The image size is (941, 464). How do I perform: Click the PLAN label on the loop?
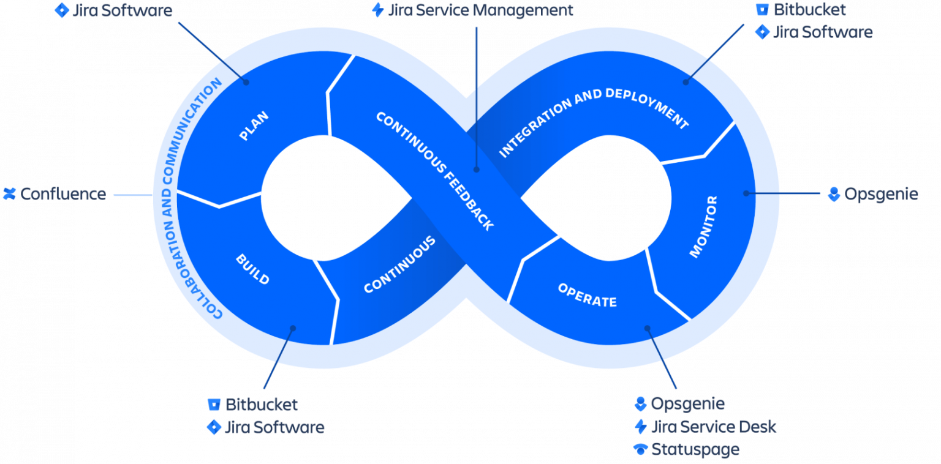pos(254,125)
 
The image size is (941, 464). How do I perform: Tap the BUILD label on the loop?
pos(252,269)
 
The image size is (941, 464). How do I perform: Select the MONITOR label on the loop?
pos(703,226)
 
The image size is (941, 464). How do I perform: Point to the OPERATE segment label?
pos(587,295)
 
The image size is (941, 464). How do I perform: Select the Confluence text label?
pos(63,194)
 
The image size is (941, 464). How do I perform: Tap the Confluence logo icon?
pos(9,194)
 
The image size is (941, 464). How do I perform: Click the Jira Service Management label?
pos(481,10)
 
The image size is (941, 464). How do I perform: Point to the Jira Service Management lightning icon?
pos(378,10)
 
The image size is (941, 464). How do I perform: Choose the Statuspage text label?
pos(695,449)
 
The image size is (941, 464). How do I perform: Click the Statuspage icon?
pos(640,449)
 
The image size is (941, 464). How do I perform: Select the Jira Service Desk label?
pos(713,427)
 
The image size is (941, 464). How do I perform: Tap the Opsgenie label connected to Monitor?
pos(881,194)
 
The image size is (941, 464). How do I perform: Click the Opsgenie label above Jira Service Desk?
pos(687,404)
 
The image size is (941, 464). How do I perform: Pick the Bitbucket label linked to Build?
pos(261,405)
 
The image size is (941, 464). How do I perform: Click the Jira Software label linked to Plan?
pos(122,10)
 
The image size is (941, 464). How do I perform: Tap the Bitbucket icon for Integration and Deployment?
pos(762,10)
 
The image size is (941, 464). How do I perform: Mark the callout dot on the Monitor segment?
pos(746,193)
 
